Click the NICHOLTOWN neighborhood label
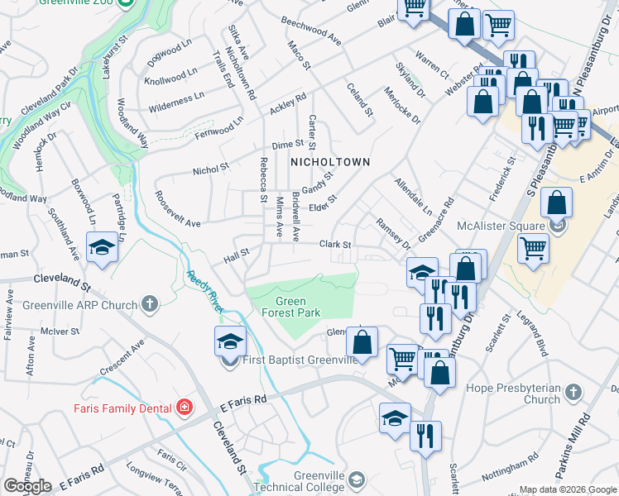[329, 163]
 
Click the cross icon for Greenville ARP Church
[150, 304]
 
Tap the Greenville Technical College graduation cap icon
[356, 479]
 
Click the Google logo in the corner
[27, 486]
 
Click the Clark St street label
[336, 245]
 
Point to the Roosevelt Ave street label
[178, 223]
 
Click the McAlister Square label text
[503, 225]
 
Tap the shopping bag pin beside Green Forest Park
[362, 341]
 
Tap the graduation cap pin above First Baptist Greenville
[229, 341]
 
